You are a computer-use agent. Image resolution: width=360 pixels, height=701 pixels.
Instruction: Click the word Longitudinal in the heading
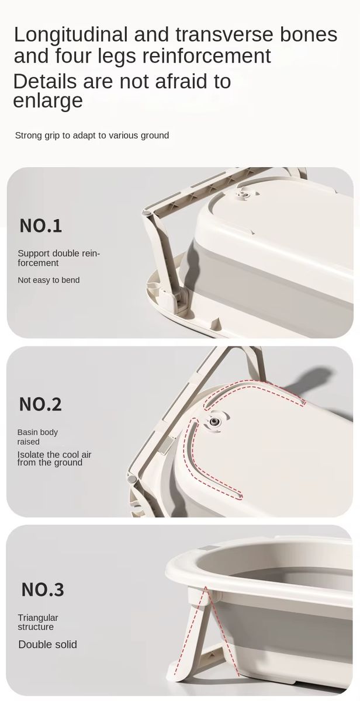[x=71, y=35]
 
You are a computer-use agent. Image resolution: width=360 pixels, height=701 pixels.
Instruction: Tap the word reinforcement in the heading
[x=207, y=55]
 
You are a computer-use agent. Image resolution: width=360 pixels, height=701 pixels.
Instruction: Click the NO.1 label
[x=41, y=225]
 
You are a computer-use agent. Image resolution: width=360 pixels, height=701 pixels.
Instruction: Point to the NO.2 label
[x=40, y=404]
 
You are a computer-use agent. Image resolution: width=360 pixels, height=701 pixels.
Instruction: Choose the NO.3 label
[x=43, y=589]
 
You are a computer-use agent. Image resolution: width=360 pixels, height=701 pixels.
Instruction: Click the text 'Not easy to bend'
[x=49, y=280]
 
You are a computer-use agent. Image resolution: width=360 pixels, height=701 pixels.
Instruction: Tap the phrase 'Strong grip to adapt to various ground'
[x=92, y=135]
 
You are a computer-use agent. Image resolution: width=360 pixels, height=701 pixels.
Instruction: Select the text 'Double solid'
[x=47, y=644]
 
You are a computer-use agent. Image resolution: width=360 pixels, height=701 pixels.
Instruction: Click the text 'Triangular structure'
[x=38, y=622]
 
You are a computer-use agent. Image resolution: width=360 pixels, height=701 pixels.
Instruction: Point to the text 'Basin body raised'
[x=37, y=437]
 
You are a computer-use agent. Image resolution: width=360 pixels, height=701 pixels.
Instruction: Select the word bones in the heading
[x=309, y=34]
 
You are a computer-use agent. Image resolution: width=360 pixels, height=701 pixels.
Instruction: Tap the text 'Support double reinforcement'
[x=58, y=258]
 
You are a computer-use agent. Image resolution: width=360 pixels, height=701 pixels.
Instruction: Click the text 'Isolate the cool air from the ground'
[x=54, y=459]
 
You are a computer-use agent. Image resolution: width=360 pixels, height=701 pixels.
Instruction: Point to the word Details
[x=45, y=81]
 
